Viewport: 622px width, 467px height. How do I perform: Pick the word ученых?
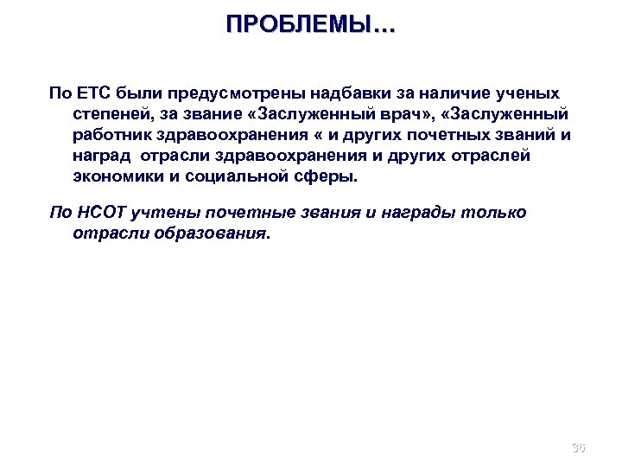[x=529, y=92]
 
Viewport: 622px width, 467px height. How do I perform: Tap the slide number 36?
[x=578, y=448]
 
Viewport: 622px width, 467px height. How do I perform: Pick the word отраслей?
[x=494, y=157]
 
